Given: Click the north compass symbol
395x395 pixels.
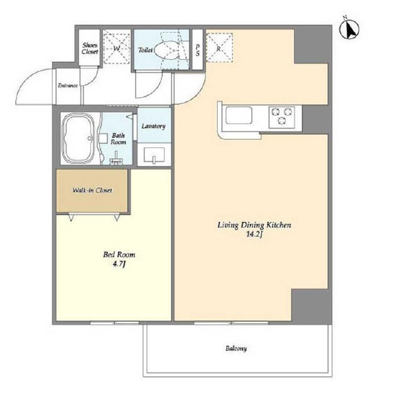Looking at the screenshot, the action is click(349, 29).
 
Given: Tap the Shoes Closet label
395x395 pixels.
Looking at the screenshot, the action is click(90, 48).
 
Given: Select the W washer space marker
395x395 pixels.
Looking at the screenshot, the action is click(117, 48).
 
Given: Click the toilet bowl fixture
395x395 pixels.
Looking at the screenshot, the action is click(166, 50).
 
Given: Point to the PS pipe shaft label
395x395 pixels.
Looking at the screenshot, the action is click(197, 50).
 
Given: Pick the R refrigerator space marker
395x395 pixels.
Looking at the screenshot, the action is click(219, 48).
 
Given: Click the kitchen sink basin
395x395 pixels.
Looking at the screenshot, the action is click(239, 115).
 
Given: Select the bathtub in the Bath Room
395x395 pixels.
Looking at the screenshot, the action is click(78, 139).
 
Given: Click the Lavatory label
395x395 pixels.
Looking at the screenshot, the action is click(153, 126).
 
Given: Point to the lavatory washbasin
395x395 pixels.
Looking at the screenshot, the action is click(154, 155).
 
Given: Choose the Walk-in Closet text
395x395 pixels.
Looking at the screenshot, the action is click(92, 190).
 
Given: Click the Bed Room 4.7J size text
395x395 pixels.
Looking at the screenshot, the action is click(119, 264).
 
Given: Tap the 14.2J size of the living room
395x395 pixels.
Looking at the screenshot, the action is click(254, 234).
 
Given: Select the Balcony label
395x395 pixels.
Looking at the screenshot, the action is click(236, 349).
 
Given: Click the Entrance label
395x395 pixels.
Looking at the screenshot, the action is click(68, 86).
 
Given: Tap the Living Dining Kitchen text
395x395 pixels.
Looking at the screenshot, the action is click(254, 225).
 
